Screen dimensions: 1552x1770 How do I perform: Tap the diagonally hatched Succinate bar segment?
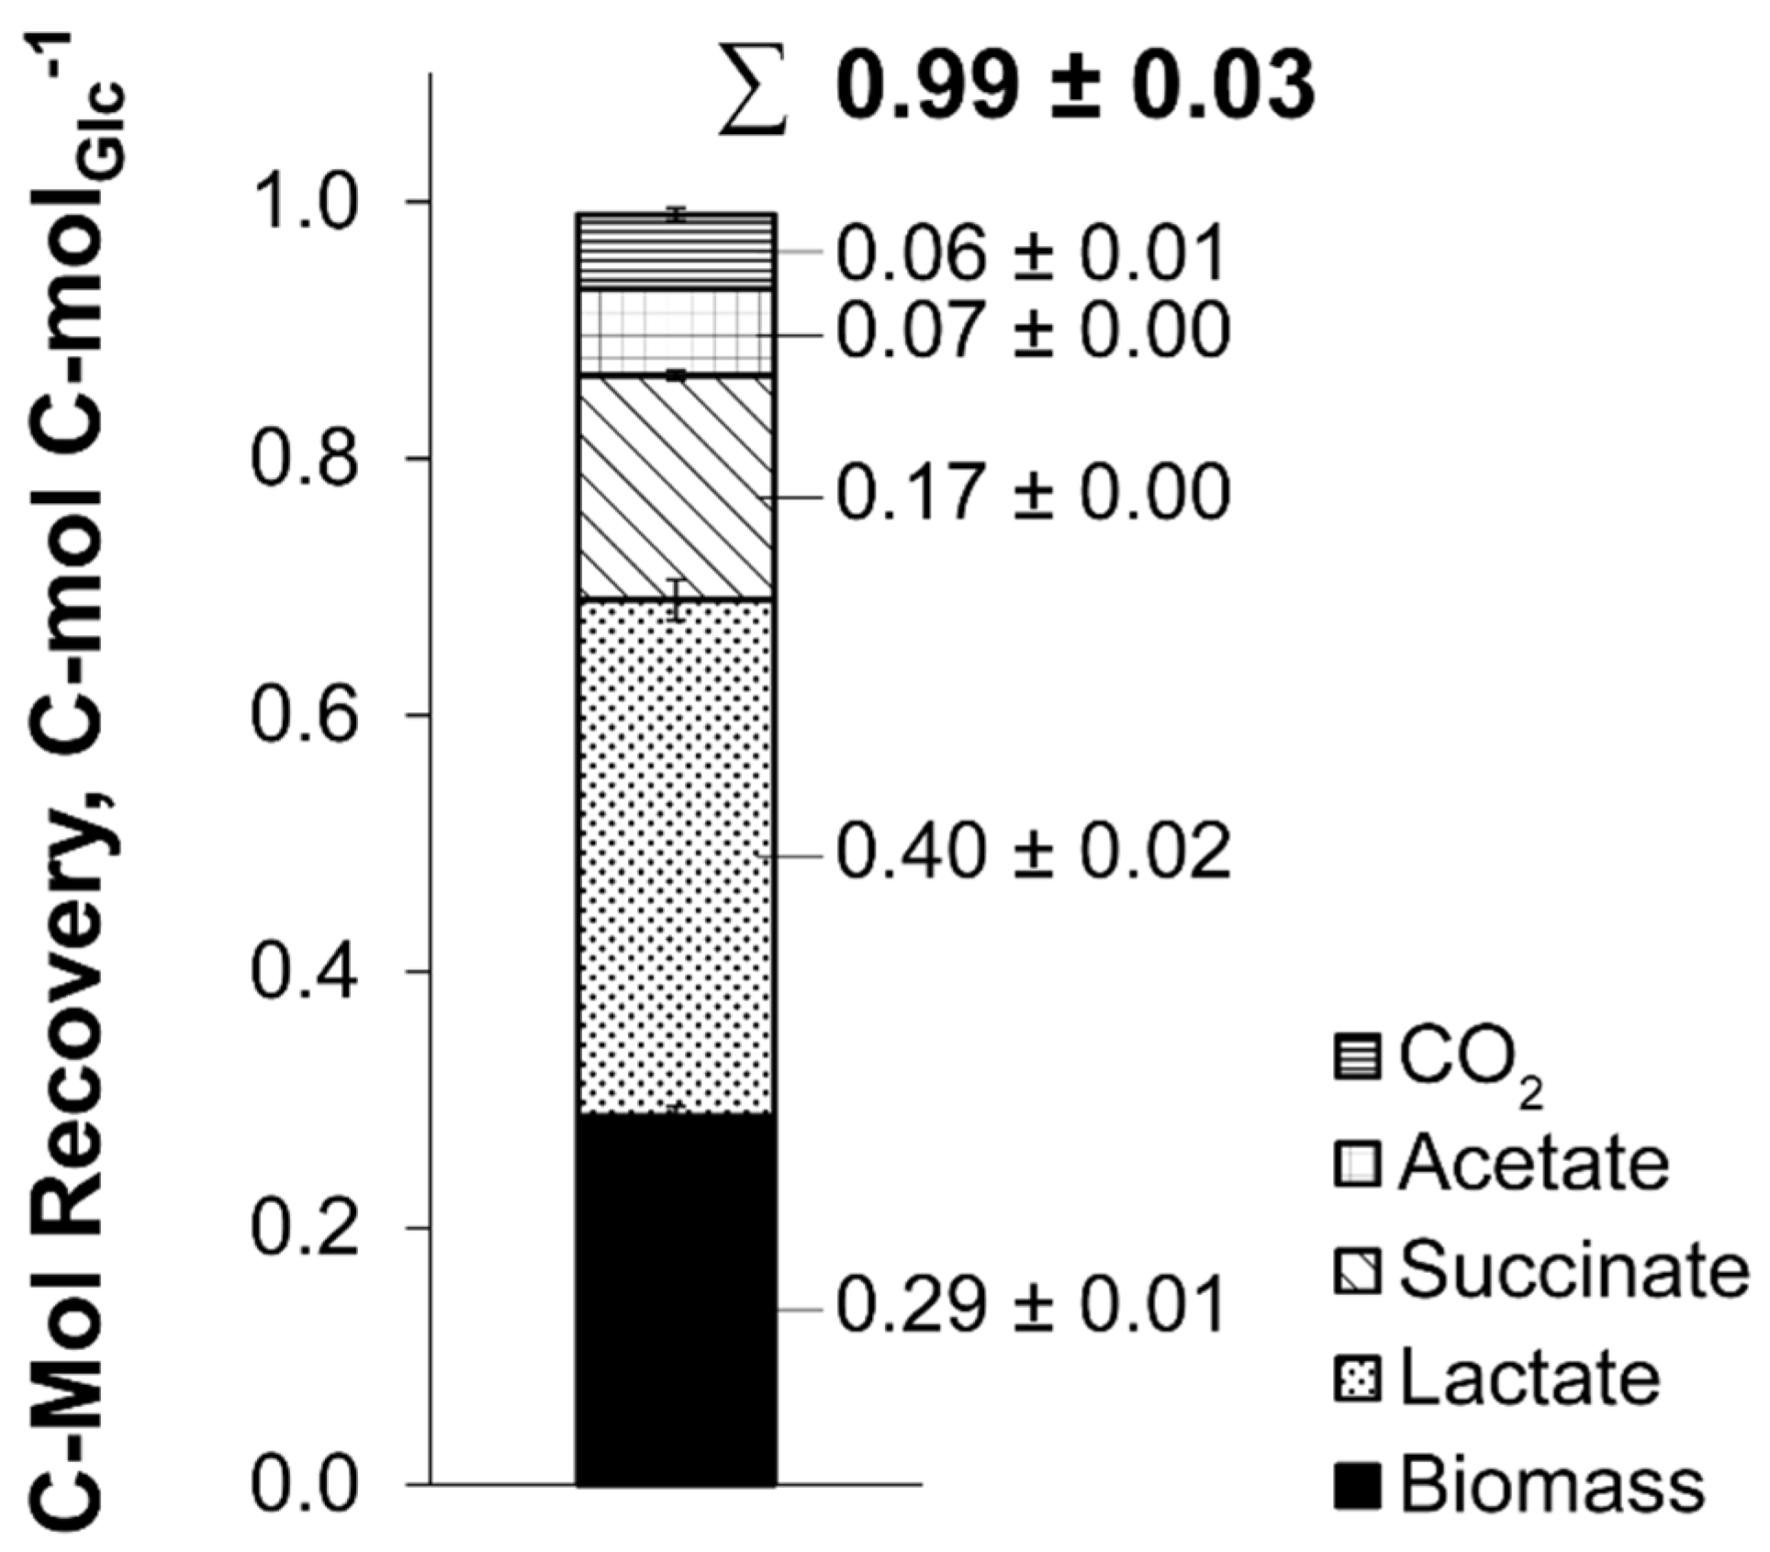pyautogui.click(x=676, y=486)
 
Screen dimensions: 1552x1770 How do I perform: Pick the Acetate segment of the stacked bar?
pyautogui.click(x=676, y=332)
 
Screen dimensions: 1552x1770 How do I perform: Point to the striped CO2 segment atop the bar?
pyautogui.click(x=676, y=251)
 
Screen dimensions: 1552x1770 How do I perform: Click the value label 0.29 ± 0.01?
pyautogui.click(x=1031, y=1306)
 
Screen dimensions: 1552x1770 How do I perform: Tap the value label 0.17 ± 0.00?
pyautogui.click(x=1033, y=494)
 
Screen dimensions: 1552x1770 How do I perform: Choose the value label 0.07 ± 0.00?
pyautogui.click(x=1033, y=330)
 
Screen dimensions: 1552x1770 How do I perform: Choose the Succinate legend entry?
pyautogui.click(x=1542, y=1271)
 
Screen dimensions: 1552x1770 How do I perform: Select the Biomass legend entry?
pyautogui.click(x=1519, y=1487)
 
